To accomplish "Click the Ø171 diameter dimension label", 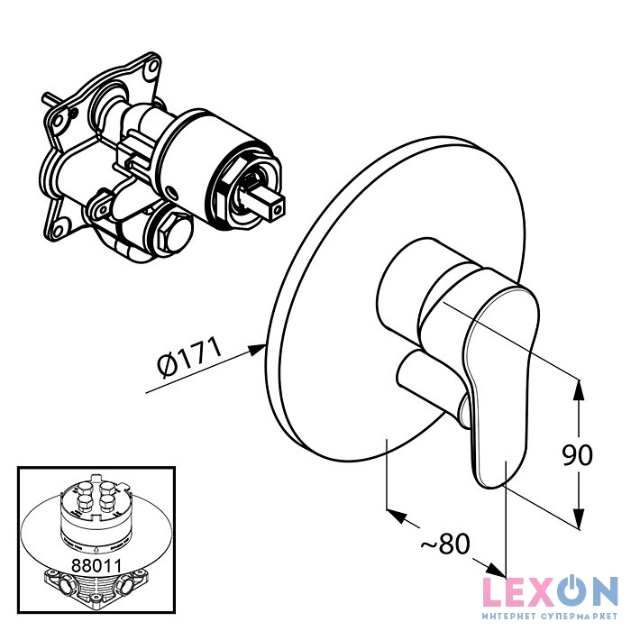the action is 190,359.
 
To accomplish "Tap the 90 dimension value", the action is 577,455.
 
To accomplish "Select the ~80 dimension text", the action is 446,544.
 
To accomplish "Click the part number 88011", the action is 96,565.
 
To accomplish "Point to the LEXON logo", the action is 551,592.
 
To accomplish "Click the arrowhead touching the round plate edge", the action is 256,350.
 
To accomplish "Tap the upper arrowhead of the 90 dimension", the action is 579,389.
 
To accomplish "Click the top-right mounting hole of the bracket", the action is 152,66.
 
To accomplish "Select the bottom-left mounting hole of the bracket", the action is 59,230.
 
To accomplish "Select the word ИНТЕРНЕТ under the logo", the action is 508,617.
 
